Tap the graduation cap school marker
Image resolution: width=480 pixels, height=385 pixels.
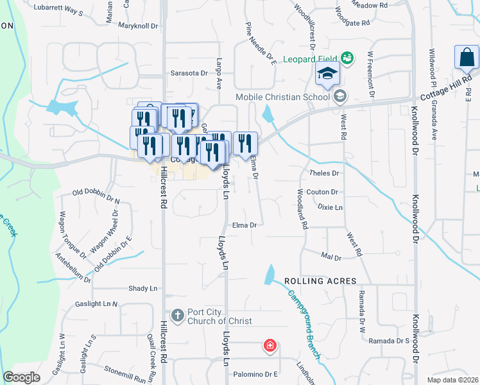pos(327,74)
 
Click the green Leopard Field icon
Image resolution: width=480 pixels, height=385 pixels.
pos(347,59)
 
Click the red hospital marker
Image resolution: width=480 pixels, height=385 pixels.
pos(270,346)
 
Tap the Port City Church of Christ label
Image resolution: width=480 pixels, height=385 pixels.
pos(219,317)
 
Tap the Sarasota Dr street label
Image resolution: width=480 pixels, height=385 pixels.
pos(189,73)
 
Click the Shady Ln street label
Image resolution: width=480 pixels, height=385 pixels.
pos(142,289)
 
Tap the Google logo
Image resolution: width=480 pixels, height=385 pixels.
pos(22,377)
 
